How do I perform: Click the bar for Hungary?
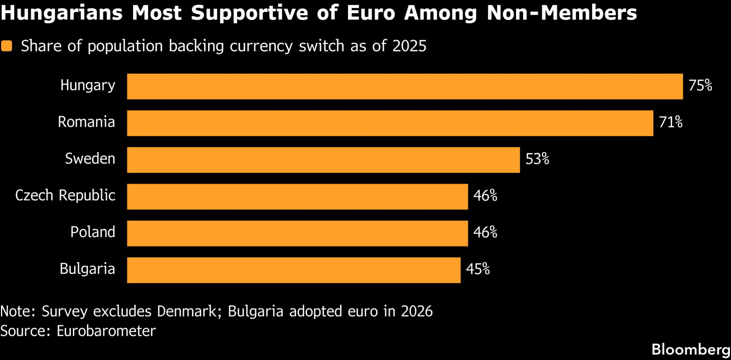pos(405,86)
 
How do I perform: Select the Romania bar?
pos(390,123)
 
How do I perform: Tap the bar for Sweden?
pos(323,160)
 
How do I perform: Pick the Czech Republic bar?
pos(297,197)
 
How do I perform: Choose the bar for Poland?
pos(297,233)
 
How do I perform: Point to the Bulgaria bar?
pos(293,270)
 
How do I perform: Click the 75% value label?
pos(700,86)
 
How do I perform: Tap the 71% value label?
pos(670,122)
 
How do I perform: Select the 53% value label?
pos(537,159)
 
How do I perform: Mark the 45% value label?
pos(477,269)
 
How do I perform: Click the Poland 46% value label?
pos(485,232)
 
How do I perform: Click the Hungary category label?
pos(88,86)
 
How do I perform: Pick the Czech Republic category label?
pos(65,196)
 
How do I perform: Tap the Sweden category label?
pos(90,159)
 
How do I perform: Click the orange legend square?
pos(7,46)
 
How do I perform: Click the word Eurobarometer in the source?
pos(106,331)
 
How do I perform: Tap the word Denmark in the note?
pos(187,311)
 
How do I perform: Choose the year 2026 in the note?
pos(416,311)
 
